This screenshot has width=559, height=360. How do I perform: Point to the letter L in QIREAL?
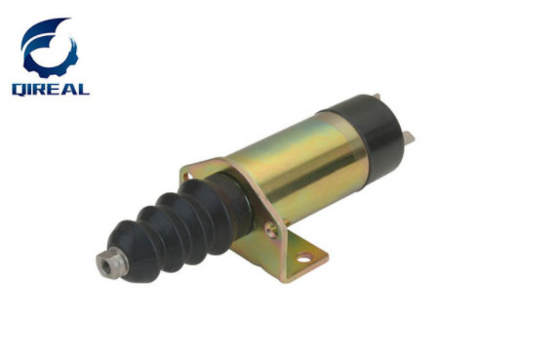(83, 88)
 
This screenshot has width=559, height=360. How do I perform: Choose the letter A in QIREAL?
(70, 88)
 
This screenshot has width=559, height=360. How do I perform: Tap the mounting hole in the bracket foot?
(303, 259)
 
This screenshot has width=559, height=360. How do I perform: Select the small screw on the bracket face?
(270, 229)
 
